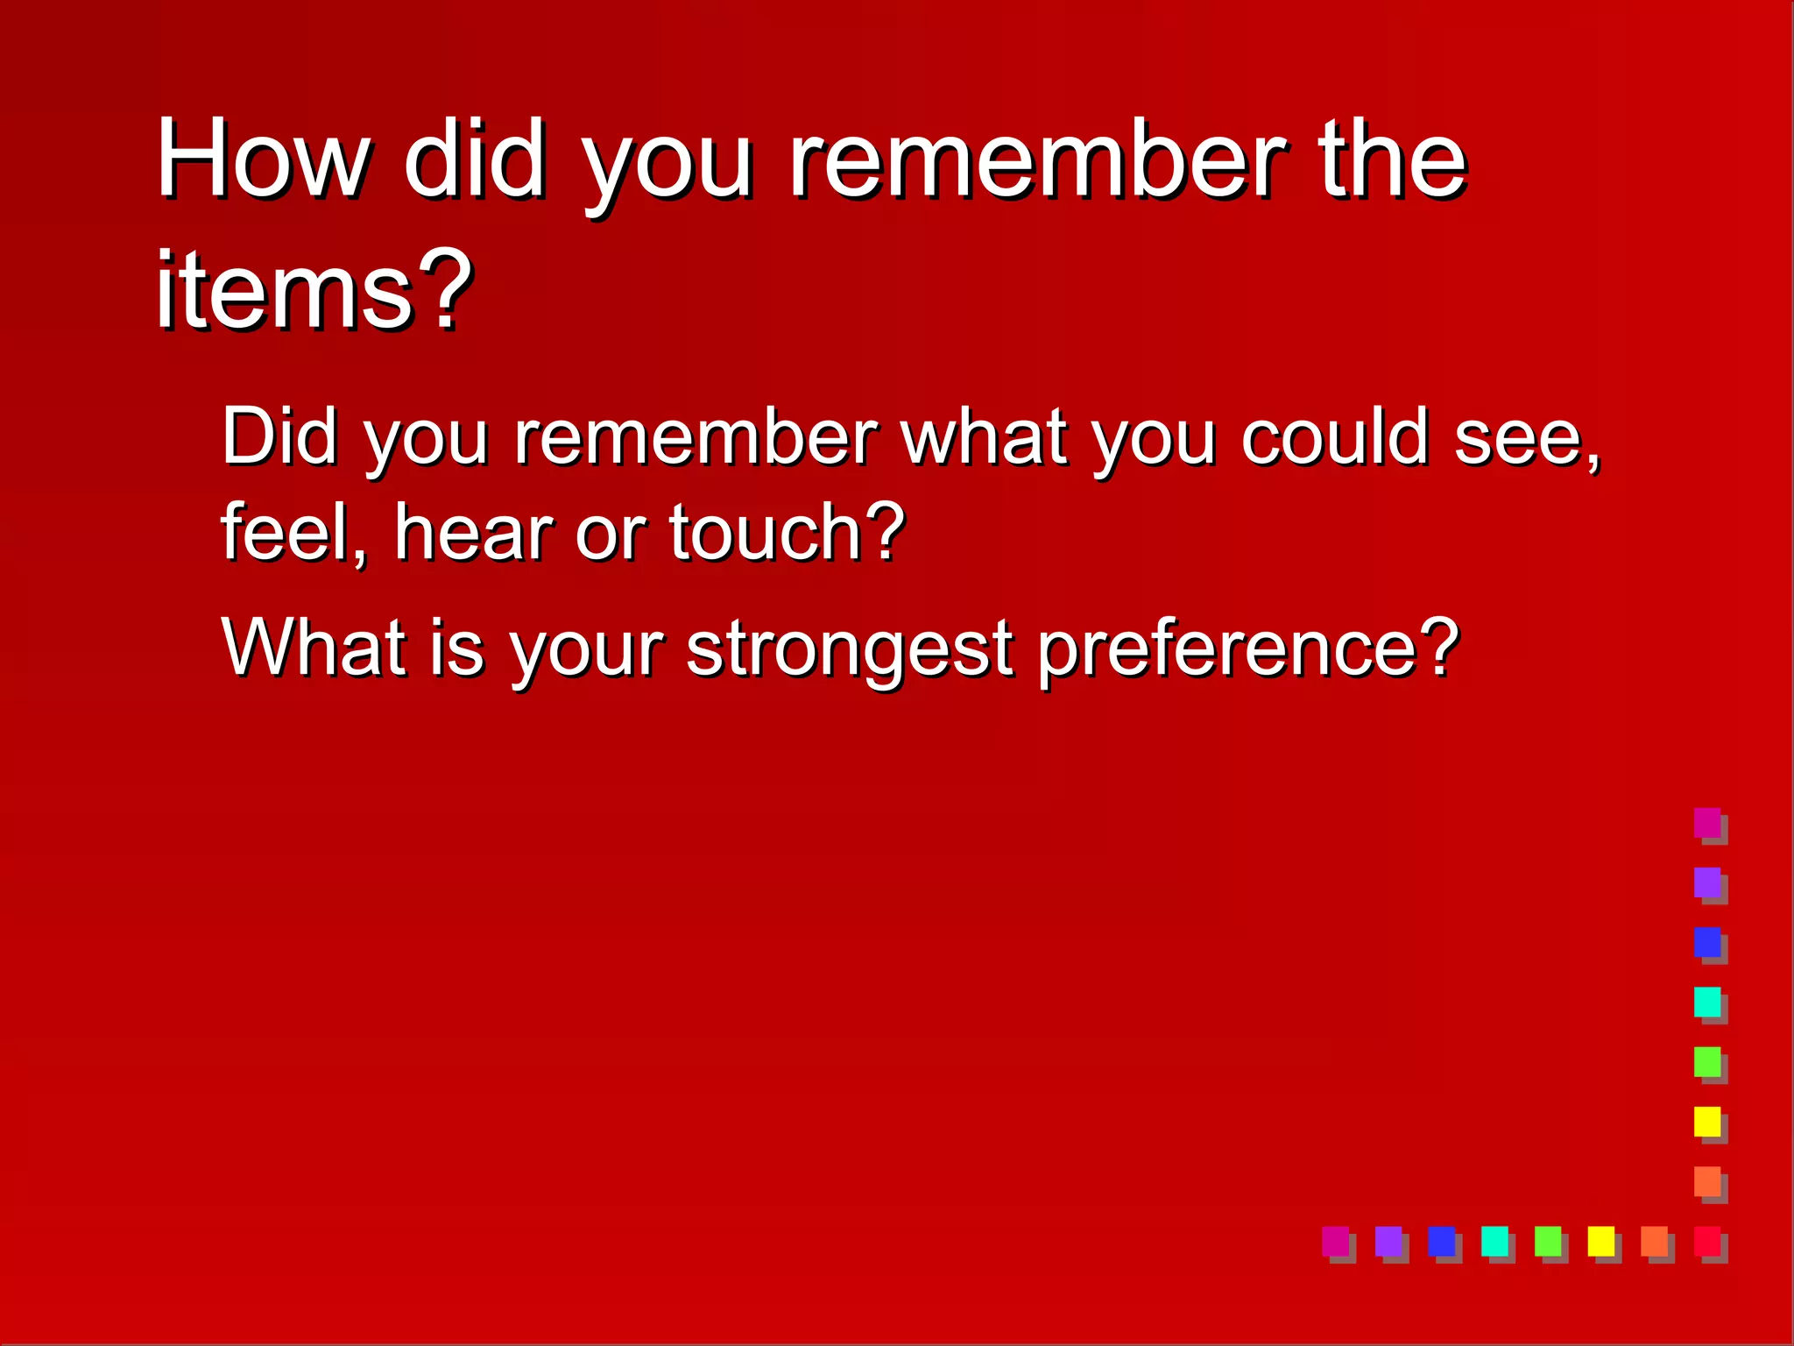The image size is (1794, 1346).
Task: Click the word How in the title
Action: coord(263,160)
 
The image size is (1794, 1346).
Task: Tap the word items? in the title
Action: coord(313,290)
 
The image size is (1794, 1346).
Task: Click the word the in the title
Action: coord(1392,160)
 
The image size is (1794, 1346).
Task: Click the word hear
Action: coord(473,532)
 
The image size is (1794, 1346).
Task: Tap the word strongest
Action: coord(850,648)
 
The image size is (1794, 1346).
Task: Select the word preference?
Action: coord(1248,648)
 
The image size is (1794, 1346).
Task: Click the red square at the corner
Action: coord(1707,1241)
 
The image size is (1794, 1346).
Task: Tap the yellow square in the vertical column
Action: coord(1707,1122)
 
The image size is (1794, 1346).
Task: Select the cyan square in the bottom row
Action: coord(1494,1241)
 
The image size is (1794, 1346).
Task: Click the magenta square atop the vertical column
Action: coord(1707,823)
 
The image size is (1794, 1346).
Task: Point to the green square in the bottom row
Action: coord(1548,1241)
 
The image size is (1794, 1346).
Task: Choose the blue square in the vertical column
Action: coord(1707,942)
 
